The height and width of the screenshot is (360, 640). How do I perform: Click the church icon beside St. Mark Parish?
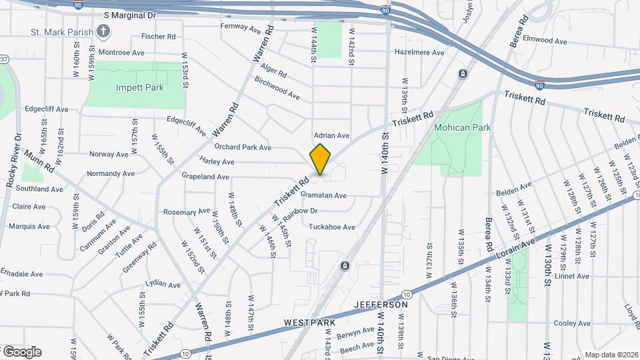pos(103,31)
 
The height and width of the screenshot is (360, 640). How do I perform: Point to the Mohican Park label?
pos(462,127)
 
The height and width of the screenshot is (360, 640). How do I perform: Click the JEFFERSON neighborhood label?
pos(381,305)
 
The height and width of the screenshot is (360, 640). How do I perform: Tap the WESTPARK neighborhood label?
pos(309,323)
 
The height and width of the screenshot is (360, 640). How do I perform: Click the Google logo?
pos(21,352)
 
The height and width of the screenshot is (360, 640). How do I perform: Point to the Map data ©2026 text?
pos(611,355)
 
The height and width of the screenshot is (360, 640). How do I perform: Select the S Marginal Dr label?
pos(129,14)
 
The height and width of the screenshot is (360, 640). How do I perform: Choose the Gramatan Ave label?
pos(323,195)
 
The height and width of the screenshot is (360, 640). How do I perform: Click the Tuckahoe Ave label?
pos(331,227)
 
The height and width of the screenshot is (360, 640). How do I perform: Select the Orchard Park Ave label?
pos(243,147)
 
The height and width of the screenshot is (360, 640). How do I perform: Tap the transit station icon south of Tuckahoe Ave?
pos(345,266)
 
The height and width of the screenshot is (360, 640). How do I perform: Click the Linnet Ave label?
pos(572,276)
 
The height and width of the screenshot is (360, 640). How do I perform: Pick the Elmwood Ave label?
pos(545,41)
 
